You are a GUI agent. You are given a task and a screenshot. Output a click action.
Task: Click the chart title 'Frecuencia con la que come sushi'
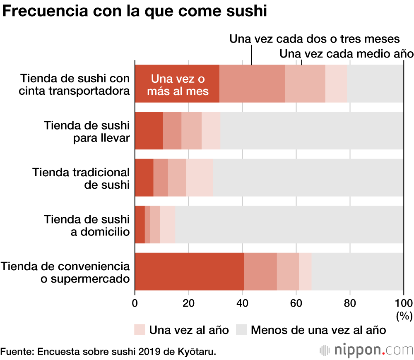click(x=135, y=11)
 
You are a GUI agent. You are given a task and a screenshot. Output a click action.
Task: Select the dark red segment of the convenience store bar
click(x=189, y=271)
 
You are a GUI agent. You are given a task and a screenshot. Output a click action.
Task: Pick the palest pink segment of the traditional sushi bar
click(x=200, y=178)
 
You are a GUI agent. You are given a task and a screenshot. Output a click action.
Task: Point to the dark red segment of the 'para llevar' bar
click(x=149, y=130)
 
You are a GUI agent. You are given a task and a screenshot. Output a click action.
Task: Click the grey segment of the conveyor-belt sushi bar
click(x=375, y=84)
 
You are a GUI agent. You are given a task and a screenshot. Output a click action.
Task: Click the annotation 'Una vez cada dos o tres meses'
click(x=314, y=39)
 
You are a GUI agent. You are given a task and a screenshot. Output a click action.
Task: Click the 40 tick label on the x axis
click(x=242, y=302)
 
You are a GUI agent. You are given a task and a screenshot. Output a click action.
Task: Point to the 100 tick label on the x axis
click(x=404, y=302)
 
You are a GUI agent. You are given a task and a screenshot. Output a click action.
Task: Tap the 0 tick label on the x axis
click(x=135, y=302)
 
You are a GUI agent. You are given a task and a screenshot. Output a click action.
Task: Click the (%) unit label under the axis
click(x=404, y=316)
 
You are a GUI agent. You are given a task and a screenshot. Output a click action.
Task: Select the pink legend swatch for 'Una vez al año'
click(x=140, y=330)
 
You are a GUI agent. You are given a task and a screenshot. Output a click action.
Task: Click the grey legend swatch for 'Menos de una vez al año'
click(x=241, y=330)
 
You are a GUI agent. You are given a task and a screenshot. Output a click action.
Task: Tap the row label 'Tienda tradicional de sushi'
click(x=81, y=178)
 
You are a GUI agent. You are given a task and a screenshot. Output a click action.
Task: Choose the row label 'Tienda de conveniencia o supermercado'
click(x=65, y=272)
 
